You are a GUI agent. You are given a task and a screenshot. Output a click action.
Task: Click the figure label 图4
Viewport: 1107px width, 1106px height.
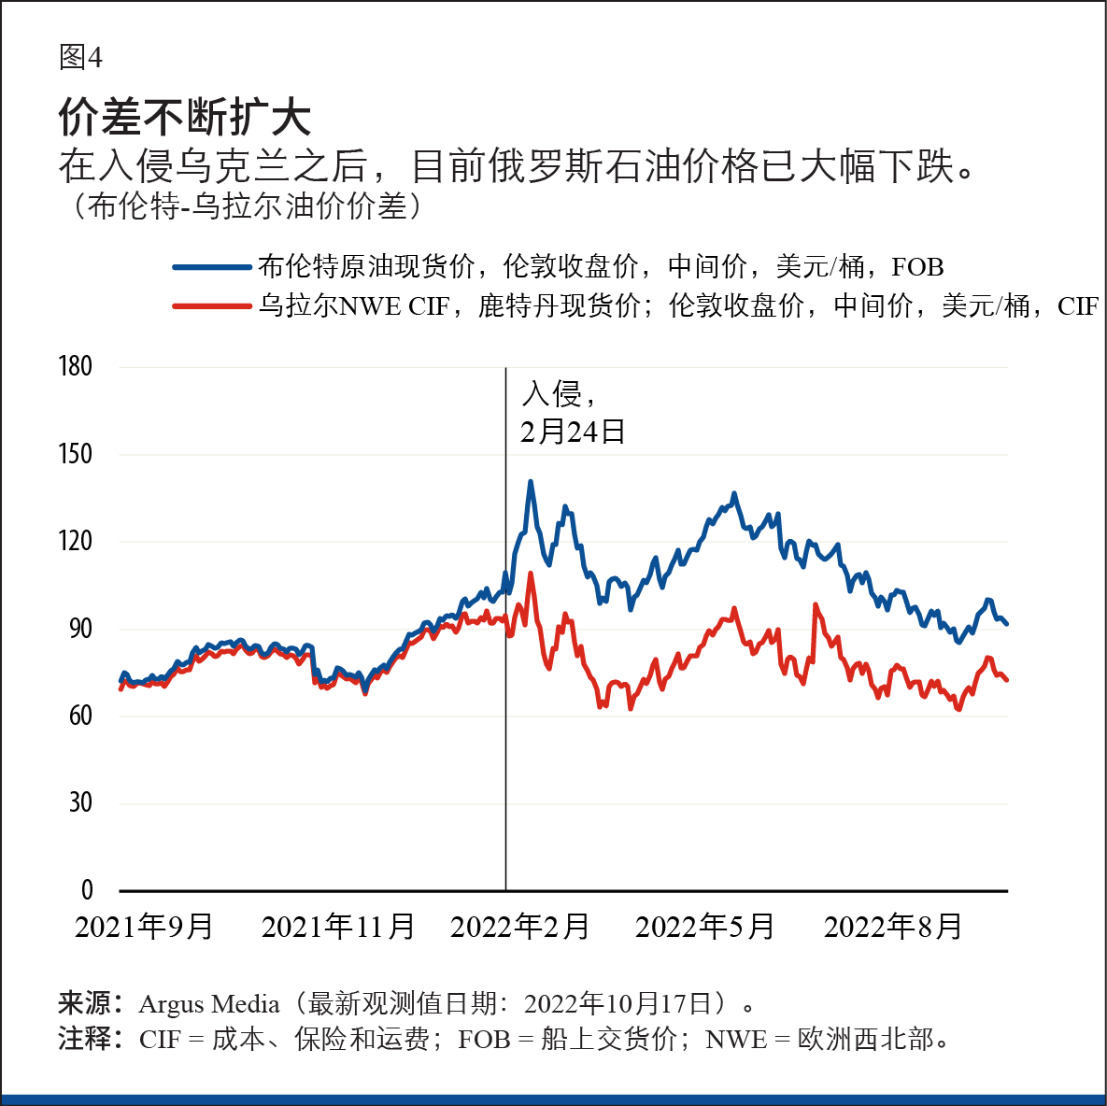80,58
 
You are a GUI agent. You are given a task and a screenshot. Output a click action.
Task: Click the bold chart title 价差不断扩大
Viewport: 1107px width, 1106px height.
184,117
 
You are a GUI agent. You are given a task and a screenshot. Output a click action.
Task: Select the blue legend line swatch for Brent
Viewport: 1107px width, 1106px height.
212,267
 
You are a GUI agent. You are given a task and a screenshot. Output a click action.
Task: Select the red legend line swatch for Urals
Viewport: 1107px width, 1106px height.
212,305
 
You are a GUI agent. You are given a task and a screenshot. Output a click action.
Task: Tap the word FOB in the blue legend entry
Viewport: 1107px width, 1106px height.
917,267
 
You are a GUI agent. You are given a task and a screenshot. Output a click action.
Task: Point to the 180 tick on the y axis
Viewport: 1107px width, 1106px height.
76,366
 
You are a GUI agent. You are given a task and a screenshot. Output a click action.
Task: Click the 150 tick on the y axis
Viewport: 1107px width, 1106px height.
76,454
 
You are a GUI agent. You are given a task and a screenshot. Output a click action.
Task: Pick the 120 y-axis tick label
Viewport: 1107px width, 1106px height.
76,541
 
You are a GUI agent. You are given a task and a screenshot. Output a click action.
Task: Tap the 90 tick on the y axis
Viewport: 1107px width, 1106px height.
80,629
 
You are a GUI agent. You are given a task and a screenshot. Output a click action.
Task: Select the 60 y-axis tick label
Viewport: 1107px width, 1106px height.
80,716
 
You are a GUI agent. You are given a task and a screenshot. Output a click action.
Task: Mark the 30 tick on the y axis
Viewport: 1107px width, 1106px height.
80,802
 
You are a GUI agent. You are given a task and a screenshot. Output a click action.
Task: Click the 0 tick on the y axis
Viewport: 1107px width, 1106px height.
87,889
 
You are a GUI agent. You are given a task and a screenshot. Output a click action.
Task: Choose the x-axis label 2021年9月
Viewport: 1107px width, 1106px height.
144,927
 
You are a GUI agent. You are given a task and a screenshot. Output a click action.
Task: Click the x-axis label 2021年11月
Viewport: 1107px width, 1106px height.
338,927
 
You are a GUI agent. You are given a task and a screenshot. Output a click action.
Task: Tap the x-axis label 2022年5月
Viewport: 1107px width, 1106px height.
705,927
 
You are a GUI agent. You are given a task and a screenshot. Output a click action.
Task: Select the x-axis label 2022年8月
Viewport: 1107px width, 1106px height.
893,927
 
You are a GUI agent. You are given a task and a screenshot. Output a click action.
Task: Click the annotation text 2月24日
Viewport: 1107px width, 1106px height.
573,432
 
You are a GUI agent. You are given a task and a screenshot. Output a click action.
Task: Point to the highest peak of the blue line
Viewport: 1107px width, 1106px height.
531,482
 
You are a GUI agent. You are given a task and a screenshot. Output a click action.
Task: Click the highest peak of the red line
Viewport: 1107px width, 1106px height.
531,574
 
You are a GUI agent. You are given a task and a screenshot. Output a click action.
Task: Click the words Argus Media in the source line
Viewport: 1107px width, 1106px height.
209,1004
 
